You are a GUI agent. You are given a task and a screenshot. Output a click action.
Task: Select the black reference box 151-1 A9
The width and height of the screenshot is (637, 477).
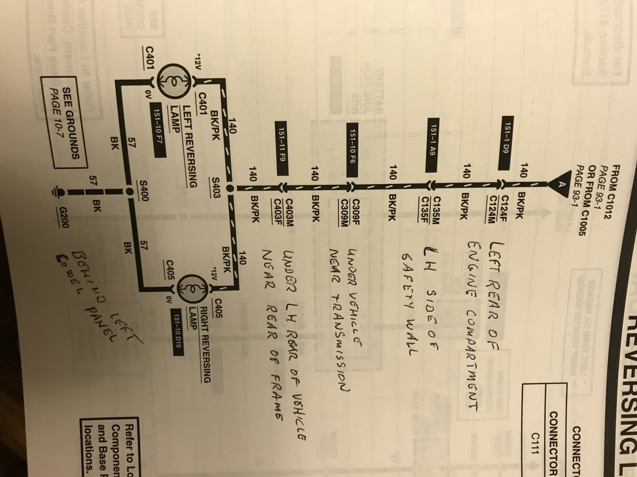click(432, 144)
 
